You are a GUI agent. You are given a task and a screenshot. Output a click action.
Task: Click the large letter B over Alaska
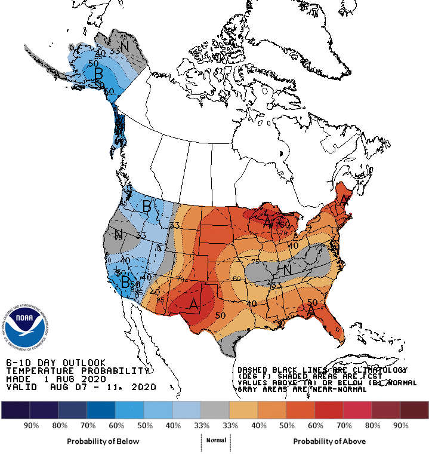pyautogui.click(x=99, y=73)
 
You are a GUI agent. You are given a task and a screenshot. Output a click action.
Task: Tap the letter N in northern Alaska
pyautogui.click(x=125, y=46)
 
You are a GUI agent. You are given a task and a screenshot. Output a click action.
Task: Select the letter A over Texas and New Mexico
pyautogui.click(x=193, y=304)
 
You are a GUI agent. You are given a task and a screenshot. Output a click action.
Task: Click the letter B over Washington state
pyautogui.click(x=146, y=207)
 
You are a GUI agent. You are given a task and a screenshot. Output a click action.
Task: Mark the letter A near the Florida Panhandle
pyautogui.click(x=310, y=311)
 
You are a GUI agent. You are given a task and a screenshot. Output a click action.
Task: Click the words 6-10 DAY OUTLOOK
pyautogui.click(x=55, y=363)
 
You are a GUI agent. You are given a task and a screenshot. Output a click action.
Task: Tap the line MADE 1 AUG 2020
pyautogui.click(x=55, y=379)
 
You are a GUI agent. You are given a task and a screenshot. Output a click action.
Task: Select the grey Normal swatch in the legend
pyautogui.click(x=215, y=410)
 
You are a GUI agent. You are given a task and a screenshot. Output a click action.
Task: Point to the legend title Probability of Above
pyautogui.click(x=329, y=441)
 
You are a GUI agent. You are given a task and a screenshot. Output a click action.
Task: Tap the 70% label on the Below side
pyautogui.click(x=87, y=425)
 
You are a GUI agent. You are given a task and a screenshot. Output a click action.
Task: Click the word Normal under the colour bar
pyautogui.click(x=215, y=440)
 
